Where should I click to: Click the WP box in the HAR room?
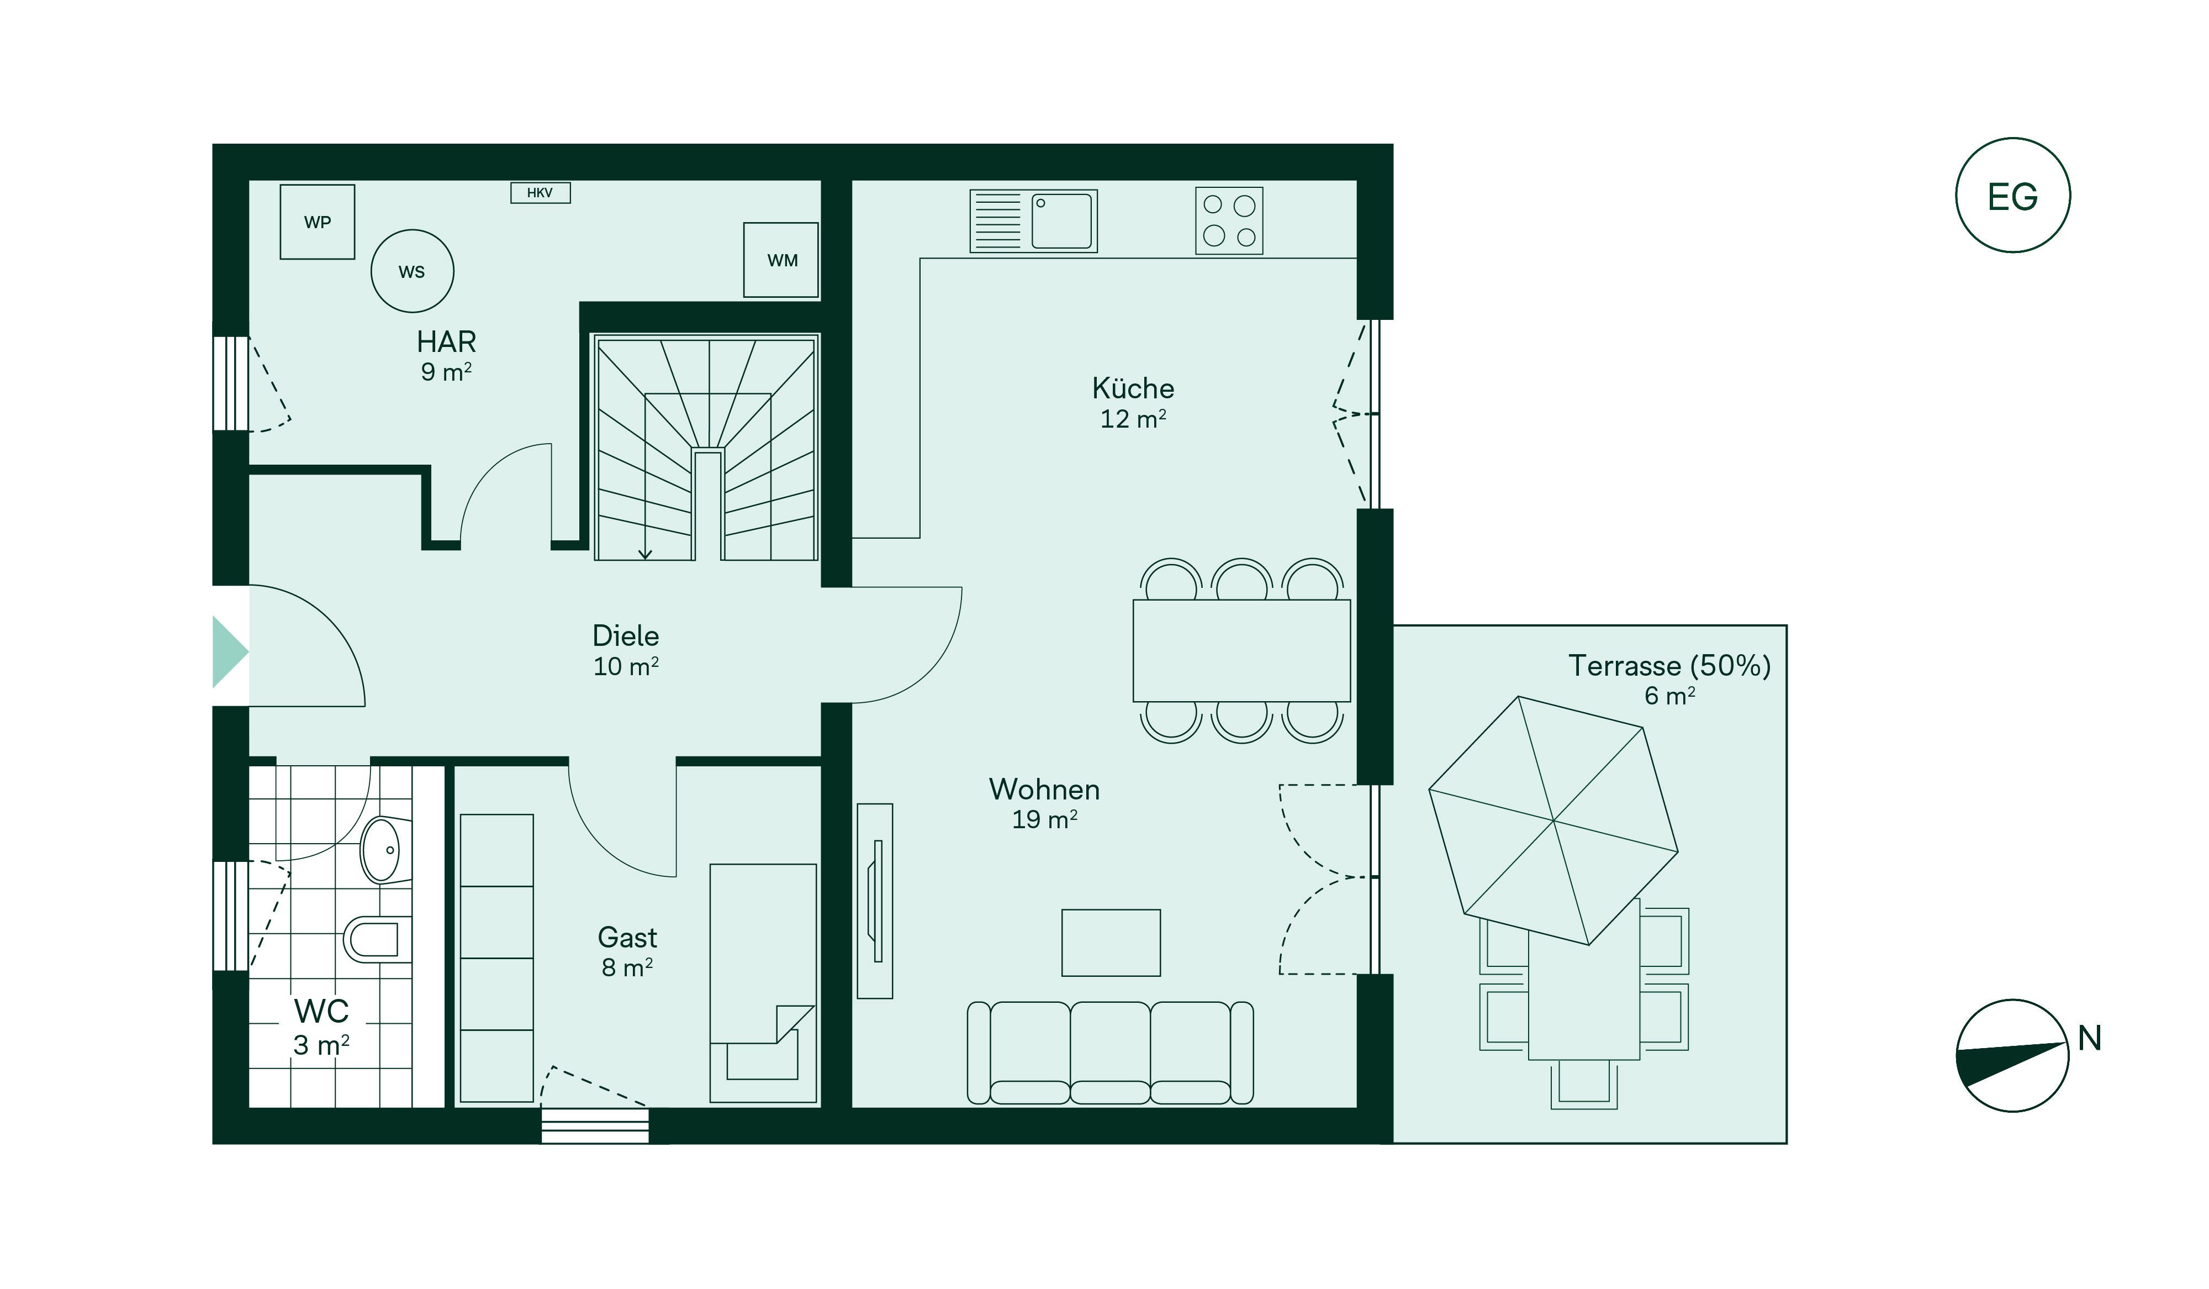(318, 222)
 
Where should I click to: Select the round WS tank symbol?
(412, 271)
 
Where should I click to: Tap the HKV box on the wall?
(541, 193)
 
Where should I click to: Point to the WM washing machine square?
(781, 260)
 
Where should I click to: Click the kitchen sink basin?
(1061, 221)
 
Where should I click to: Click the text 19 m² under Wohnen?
(1045, 819)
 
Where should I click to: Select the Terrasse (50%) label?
(1669, 666)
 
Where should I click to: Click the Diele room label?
(626, 636)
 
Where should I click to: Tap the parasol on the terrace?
(1553, 821)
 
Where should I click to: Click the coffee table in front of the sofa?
(1111, 943)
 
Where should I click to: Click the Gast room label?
(627, 938)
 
